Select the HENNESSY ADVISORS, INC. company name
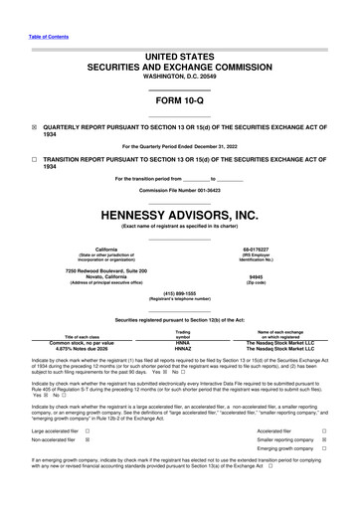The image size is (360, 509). tap(179, 214)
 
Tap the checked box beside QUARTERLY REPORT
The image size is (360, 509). tap(34, 128)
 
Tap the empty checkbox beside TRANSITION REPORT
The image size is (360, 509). tap(34, 159)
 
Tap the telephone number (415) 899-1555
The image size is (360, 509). tap(179, 293)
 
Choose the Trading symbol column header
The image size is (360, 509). tap(183, 333)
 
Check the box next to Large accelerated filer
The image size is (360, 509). tap(87, 431)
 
